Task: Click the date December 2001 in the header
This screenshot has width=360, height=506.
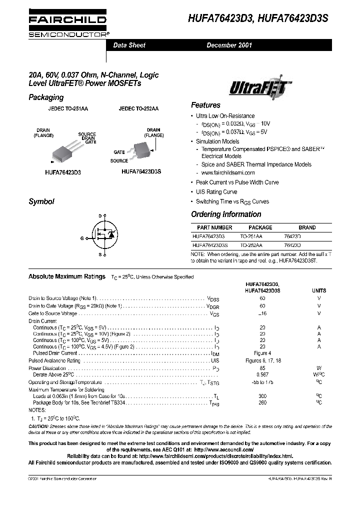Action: coord(229,45)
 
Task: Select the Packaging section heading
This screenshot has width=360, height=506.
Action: coord(46,97)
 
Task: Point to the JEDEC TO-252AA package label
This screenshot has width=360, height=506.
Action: coord(138,108)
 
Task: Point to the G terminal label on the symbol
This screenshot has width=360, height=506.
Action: coord(81,238)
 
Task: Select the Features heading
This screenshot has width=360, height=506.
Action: coord(205,105)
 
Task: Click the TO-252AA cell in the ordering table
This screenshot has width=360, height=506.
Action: coord(251,245)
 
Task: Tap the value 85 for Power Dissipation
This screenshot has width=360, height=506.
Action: coord(262,368)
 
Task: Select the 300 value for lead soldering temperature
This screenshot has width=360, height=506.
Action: coord(262,395)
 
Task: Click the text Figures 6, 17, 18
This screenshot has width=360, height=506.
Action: coord(263,360)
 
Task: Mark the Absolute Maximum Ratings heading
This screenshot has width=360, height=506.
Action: coord(67,276)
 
